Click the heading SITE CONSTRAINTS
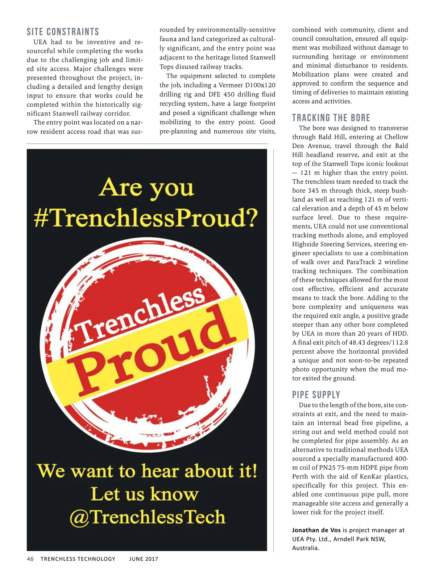coord(63,32)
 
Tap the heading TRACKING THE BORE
coord(331,118)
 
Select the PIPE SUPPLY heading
coord(316,395)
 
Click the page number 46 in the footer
coord(30,559)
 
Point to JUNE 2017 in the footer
coord(144,559)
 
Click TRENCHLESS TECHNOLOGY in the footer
coord(78,559)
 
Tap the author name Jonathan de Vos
coord(316,530)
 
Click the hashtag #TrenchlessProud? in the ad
coord(146,218)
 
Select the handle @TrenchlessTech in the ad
coord(147,517)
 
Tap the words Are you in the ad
coord(146,188)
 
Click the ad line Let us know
coord(145,494)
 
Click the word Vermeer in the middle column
coord(231,85)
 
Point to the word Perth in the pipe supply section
coord(301,476)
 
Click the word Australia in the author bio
coord(305,548)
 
